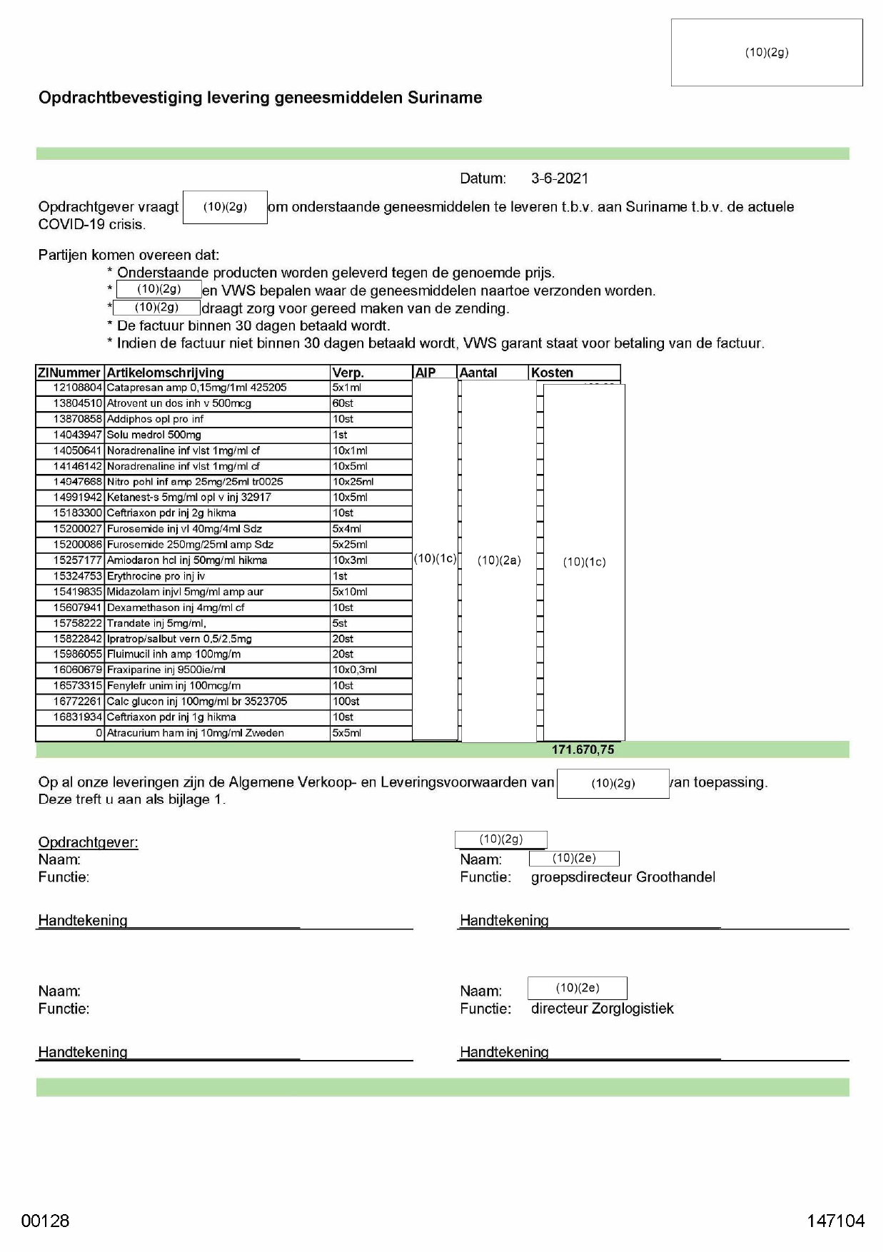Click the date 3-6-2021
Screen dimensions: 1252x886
(x=559, y=178)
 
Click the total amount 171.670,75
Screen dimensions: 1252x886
(x=583, y=749)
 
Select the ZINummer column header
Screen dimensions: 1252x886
(x=69, y=373)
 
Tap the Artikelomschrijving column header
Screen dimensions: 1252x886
(x=165, y=373)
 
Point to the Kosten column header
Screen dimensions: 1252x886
(x=552, y=373)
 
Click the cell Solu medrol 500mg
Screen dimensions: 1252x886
(x=154, y=435)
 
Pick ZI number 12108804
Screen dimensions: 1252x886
(x=78, y=388)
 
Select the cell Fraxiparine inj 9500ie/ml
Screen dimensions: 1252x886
(x=166, y=670)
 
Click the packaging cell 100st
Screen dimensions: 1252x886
(x=346, y=701)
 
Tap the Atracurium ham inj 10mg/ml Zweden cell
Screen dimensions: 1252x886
(x=195, y=732)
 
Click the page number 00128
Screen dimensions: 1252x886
(x=45, y=1221)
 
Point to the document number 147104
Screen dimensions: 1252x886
(x=835, y=1221)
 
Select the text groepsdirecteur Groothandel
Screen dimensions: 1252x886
(x=623, y=877)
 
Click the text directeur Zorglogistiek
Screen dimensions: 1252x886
(x=602, y=1009)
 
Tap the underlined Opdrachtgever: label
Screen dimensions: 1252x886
(x=88, y=842)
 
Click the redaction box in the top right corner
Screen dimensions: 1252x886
(x=767, y=52)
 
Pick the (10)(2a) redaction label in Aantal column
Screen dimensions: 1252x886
(x=499, y=561)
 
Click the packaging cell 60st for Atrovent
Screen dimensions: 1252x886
(x=343, y=403)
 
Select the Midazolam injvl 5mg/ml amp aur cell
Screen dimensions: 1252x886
(x=185, y=592)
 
